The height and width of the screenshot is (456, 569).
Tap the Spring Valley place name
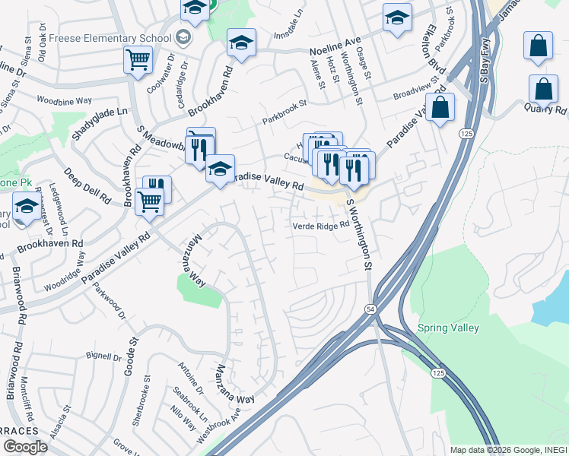(448, 328)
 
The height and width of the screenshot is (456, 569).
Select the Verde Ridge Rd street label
(320, 225)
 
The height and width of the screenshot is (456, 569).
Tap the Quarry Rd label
(545, 109)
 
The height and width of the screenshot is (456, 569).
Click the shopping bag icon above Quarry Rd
(545, 89)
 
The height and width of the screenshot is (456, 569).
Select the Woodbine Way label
(64, 100)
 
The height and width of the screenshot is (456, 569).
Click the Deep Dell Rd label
(87, 185)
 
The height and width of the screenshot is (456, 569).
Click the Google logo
(24, 446)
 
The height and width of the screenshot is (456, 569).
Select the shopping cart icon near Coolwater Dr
(138, 59)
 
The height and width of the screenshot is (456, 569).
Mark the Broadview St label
(416, 92)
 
